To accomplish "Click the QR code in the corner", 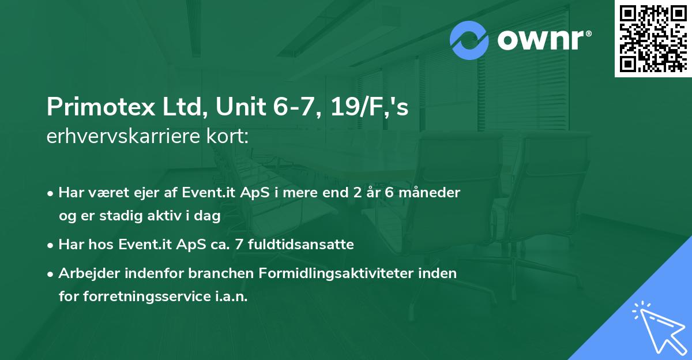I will tap(653, 39).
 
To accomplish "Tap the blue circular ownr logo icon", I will tap(470, 40).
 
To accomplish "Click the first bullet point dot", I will tap(51, 193).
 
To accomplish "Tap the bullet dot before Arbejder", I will tap(51, 274).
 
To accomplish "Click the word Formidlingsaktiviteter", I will tap(344, 273).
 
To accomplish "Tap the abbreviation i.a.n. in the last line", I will tap(231, 296).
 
